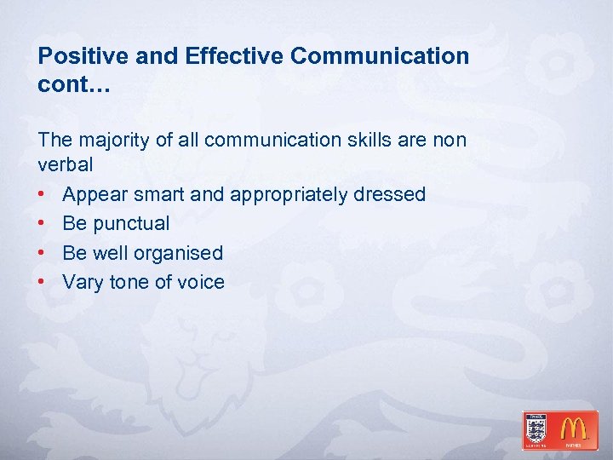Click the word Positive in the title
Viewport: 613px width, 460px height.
tap(79, 57)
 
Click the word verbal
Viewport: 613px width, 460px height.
tap(66, 164)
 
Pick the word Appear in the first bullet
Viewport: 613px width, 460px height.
tap(93, 195)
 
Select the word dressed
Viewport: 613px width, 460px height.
tap(390, 195)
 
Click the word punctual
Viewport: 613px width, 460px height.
tap(131, 224)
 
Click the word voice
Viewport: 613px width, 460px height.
tap(202, 282)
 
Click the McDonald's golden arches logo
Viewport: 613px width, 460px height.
tap(578, 429)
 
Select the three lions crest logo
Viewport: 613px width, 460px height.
tap(537, 429)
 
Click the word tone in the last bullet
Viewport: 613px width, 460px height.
tap(130, 282)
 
